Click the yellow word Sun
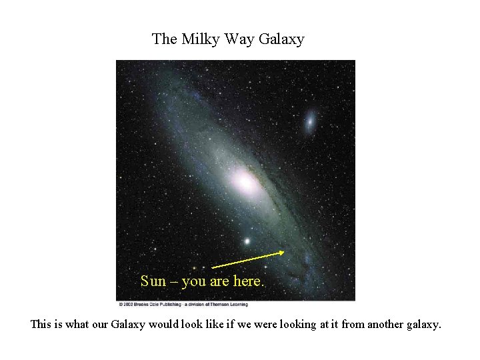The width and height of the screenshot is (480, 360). coord(153,281)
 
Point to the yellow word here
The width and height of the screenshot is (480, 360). coord(248,281)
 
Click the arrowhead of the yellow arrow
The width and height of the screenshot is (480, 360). coord(283,252)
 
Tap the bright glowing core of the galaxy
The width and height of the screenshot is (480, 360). coord(243,180)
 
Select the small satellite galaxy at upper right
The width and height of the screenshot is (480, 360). coord(310,121)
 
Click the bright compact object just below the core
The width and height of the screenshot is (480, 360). coord(248,241)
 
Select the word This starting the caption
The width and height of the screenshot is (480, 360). coord(42,325)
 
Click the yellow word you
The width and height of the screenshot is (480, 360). coord(194,281)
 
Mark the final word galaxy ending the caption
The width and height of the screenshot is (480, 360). coord(423,325)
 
